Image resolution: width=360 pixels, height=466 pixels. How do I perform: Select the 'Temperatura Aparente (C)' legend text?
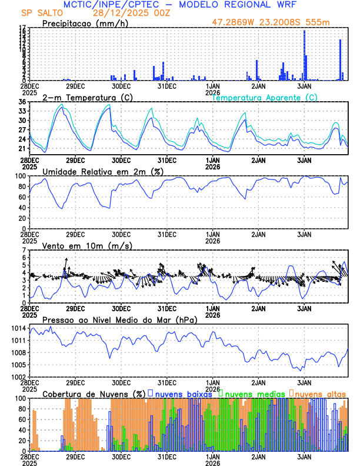(265, 97)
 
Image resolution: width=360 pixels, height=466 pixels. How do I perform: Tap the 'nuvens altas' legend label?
(321, 393)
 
